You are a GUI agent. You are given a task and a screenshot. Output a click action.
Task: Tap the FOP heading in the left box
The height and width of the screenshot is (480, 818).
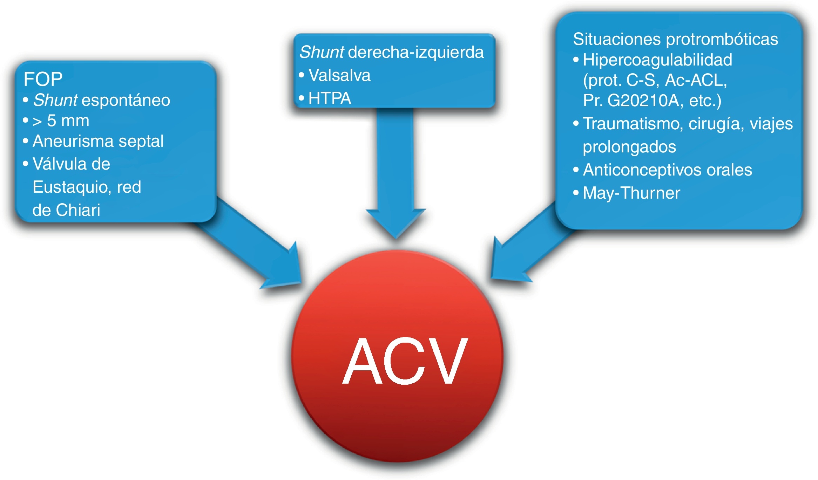[x=43, y=79]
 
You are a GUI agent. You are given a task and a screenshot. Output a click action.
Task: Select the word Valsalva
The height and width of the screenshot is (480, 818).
[x=339, y=75]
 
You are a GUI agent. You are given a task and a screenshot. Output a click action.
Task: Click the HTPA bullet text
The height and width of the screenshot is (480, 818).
[x=329, y=98]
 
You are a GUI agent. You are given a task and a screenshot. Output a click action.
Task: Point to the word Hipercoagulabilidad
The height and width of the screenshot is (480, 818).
[x=657, y=60]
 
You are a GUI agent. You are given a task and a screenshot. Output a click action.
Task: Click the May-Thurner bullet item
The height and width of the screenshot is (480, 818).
[x=631, y=193]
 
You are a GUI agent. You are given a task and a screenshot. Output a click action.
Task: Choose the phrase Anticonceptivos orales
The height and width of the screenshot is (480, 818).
[x=667, y=170]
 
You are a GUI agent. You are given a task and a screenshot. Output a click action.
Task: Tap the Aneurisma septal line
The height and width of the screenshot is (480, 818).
[x=98, y=141]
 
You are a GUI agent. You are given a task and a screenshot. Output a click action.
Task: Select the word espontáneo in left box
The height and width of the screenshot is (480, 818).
[x=126, y=101]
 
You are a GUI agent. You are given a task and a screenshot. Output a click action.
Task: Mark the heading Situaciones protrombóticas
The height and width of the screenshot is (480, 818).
[x=675, y=39]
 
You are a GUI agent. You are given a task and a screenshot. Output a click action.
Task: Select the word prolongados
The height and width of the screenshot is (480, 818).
[x=629, y=147]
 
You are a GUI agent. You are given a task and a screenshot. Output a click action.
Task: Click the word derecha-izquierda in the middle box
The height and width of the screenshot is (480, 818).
[x=416, y=53]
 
